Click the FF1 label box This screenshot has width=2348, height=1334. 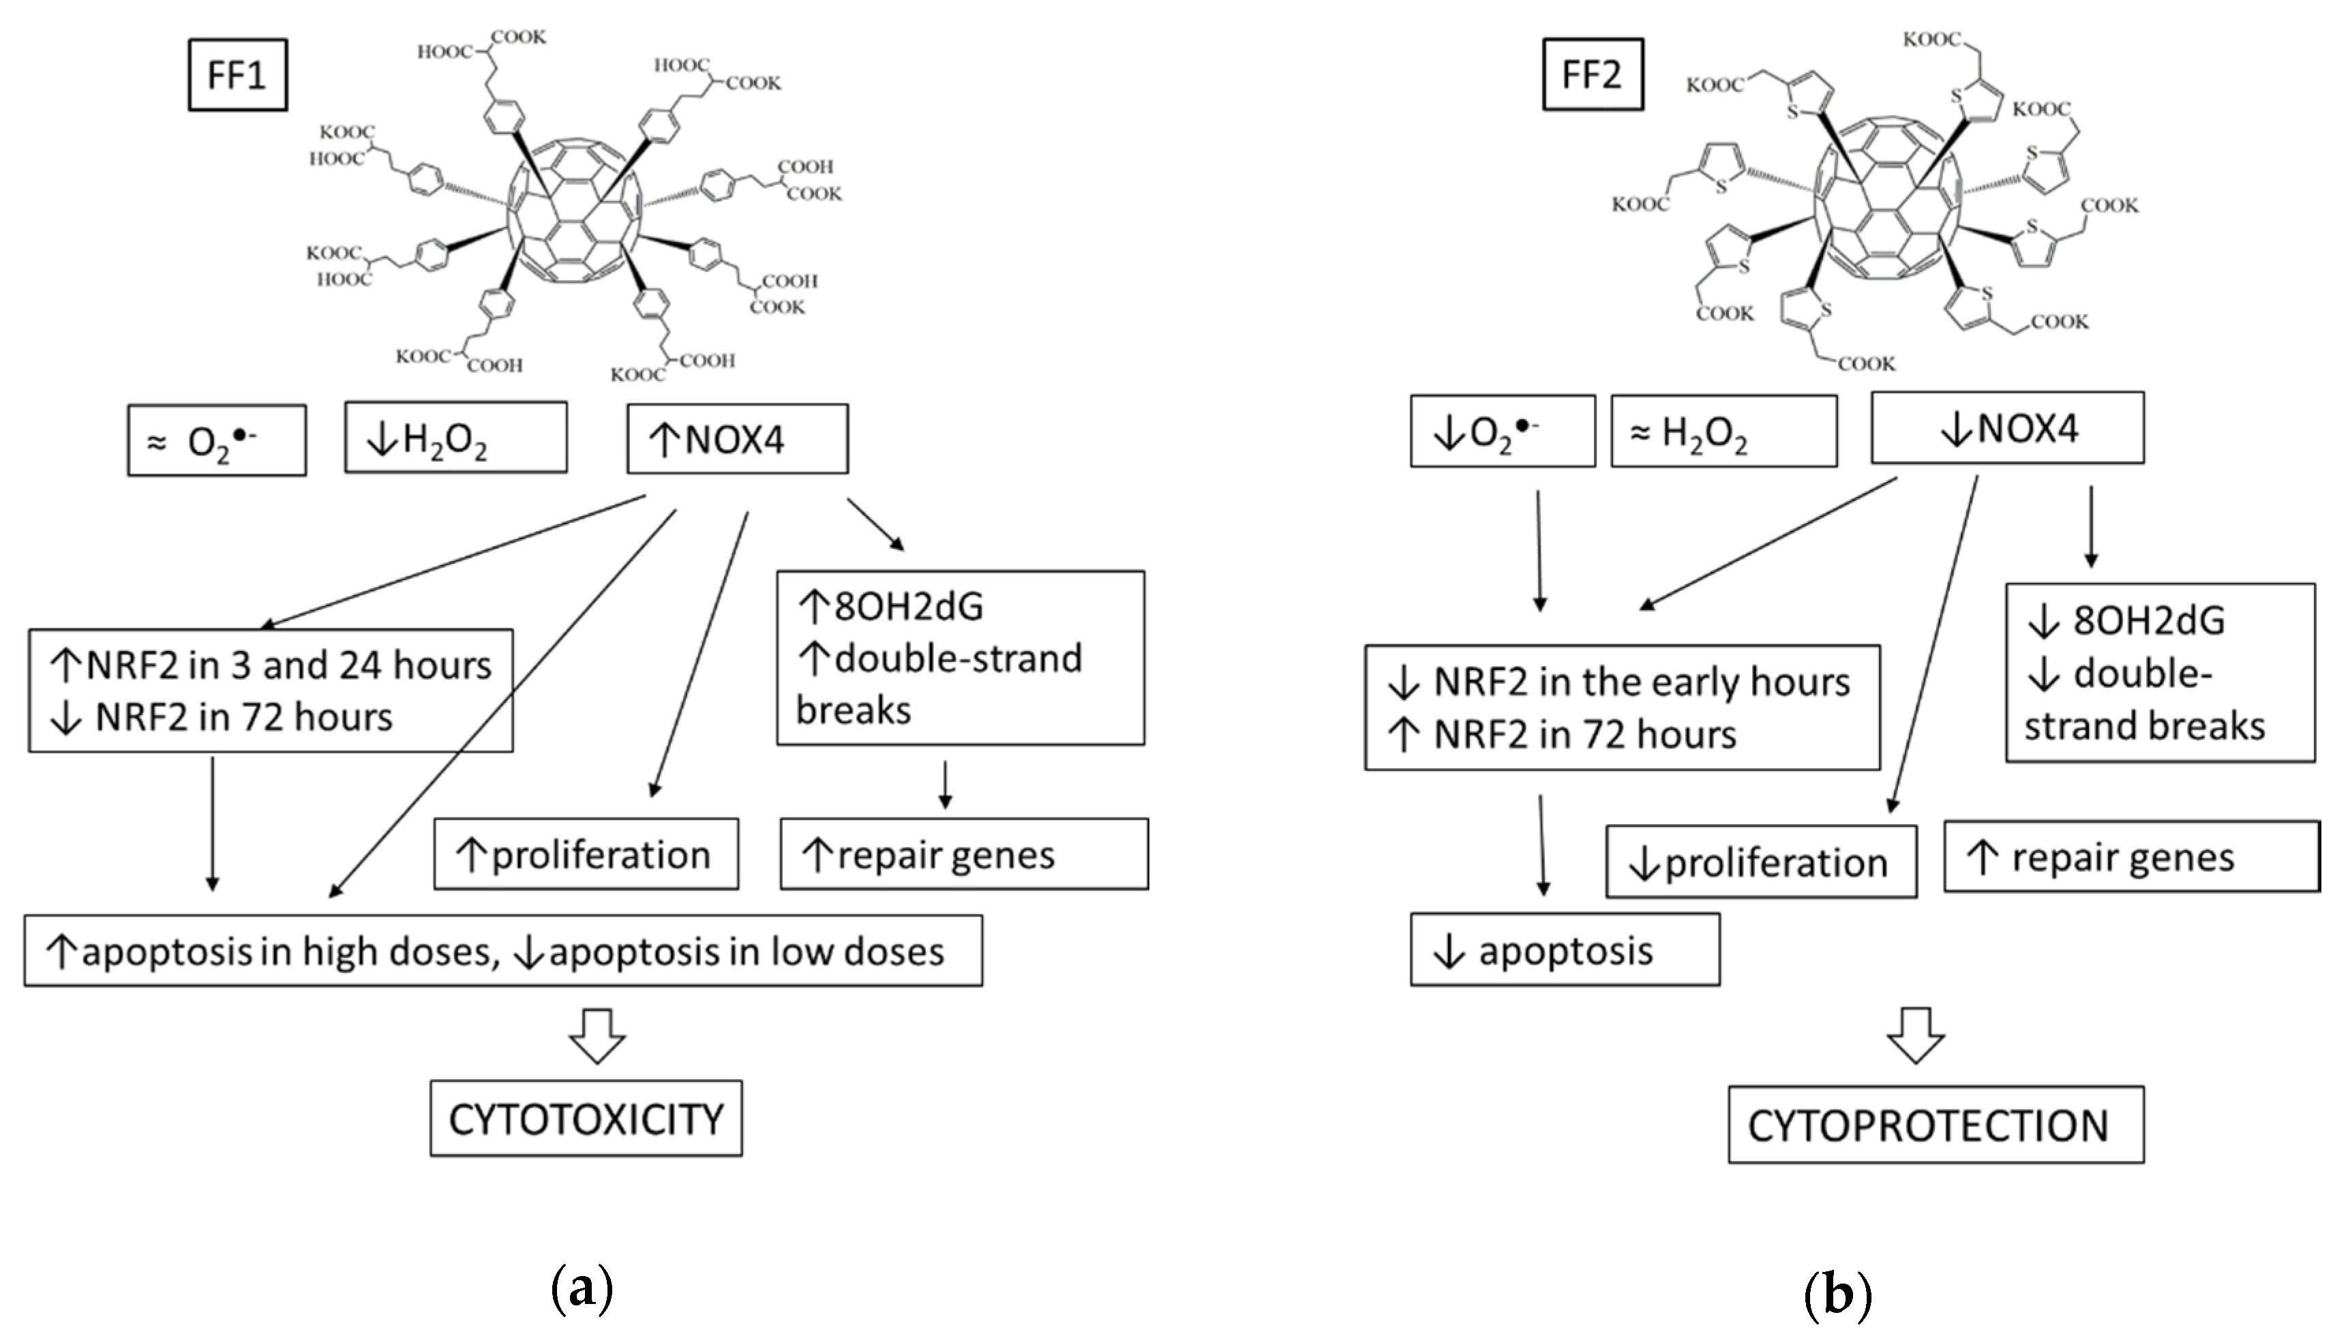tap(237, 75)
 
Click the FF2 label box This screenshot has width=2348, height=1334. tap(1592, 74)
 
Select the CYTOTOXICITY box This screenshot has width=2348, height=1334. tap(586, 1119)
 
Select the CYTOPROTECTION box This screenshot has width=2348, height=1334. tap(1935, 1125)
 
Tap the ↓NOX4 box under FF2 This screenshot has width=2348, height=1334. tap(2006, 428)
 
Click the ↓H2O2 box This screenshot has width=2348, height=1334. tap(455, 438)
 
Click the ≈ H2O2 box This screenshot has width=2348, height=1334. tap(1724, 431)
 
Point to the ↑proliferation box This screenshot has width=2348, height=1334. tap(586, 854)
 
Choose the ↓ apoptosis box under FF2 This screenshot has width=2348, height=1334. tap(1564, 950)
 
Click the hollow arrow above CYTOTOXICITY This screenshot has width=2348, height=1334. tap(597, 1035)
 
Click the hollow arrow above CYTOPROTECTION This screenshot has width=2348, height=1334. tap(1916, 1035)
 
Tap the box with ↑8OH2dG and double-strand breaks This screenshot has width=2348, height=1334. tap(959, 658)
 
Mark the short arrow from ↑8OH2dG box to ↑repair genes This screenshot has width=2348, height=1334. tap(946, 785)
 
